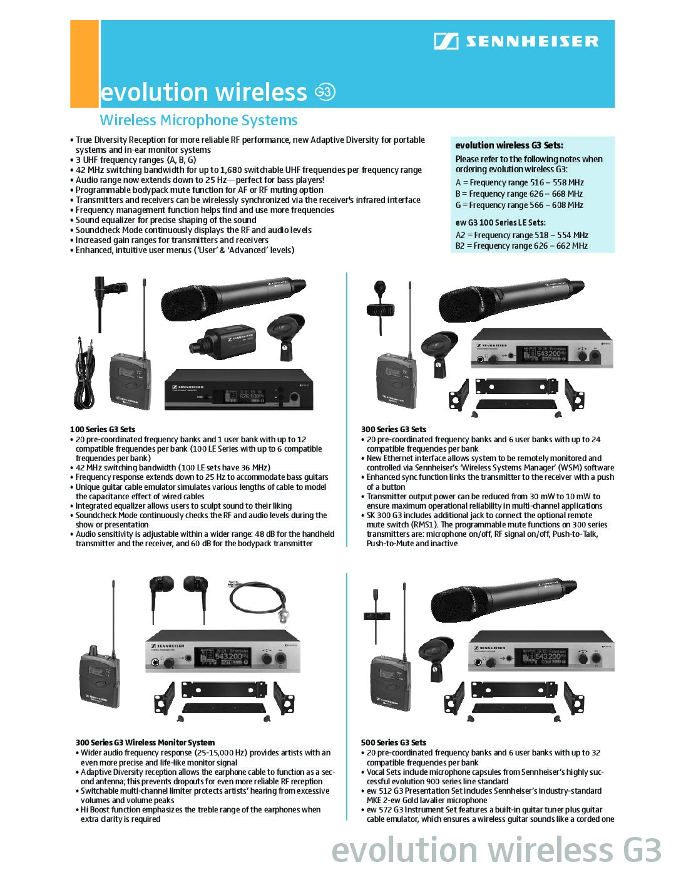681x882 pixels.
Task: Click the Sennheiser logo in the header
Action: (516, 41)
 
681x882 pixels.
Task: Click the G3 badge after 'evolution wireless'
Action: (325, 92)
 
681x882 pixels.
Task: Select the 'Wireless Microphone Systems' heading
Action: (198, 120)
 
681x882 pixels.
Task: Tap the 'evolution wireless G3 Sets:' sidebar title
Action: (509, 145)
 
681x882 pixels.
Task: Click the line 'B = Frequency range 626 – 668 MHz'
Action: (519, 194)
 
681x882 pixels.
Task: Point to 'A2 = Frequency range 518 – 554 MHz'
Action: (521, 235)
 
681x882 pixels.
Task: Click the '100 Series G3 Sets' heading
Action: (103, 429)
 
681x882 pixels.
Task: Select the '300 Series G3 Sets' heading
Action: (393, 429)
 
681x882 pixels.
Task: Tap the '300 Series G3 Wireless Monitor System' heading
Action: (145, 742)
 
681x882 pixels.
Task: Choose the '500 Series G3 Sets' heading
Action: (393, 742)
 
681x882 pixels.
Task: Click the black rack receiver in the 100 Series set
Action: (238, 390)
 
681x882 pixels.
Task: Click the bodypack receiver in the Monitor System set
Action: (98, 677)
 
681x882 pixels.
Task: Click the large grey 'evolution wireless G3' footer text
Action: (496, 851)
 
